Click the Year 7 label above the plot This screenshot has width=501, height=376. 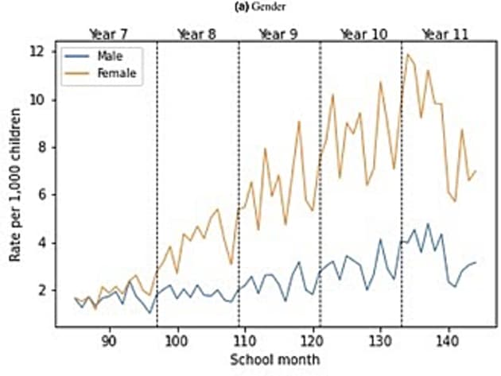[114, 34]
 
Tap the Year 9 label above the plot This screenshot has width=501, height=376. [278, 34]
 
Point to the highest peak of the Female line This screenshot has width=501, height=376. [408, 54]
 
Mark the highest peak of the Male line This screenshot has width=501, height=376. [428, 224]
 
